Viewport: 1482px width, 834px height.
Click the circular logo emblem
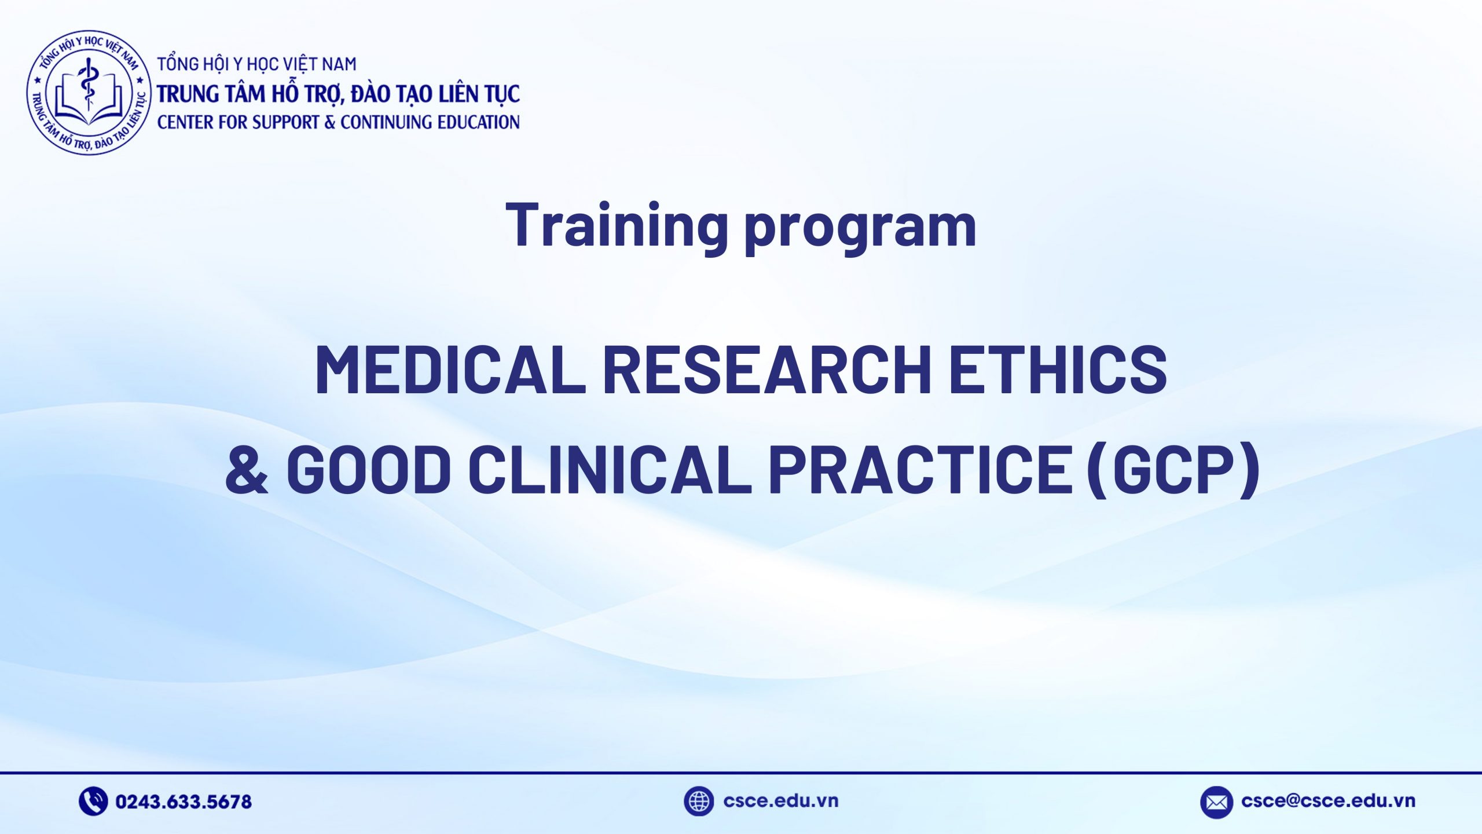[89, 93]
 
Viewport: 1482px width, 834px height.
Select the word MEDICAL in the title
[450, 370]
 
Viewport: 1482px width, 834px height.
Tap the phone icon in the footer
[93, 802]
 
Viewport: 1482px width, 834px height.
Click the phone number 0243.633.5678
[184, 802]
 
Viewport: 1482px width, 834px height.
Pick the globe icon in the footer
[698, 802]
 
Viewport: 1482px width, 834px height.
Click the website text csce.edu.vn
[780, 801]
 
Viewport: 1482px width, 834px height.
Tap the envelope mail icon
[1216, 802]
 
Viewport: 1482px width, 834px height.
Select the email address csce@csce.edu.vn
[1328, 801]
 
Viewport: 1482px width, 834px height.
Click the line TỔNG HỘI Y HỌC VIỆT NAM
[257, 64]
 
